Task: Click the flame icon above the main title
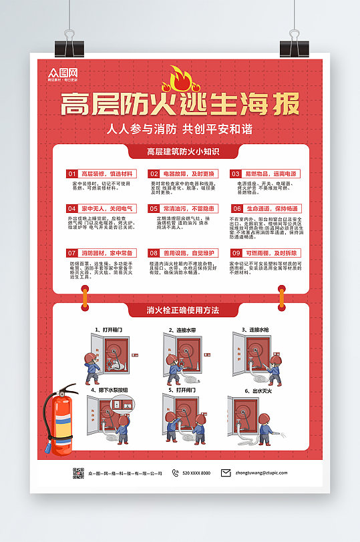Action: [179, 79]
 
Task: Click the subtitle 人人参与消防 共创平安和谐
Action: [180, 129]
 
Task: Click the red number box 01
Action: [71, 174]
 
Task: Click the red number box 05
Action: [154, 208]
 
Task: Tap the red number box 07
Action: [71, 254]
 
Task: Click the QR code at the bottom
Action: [78, 473]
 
